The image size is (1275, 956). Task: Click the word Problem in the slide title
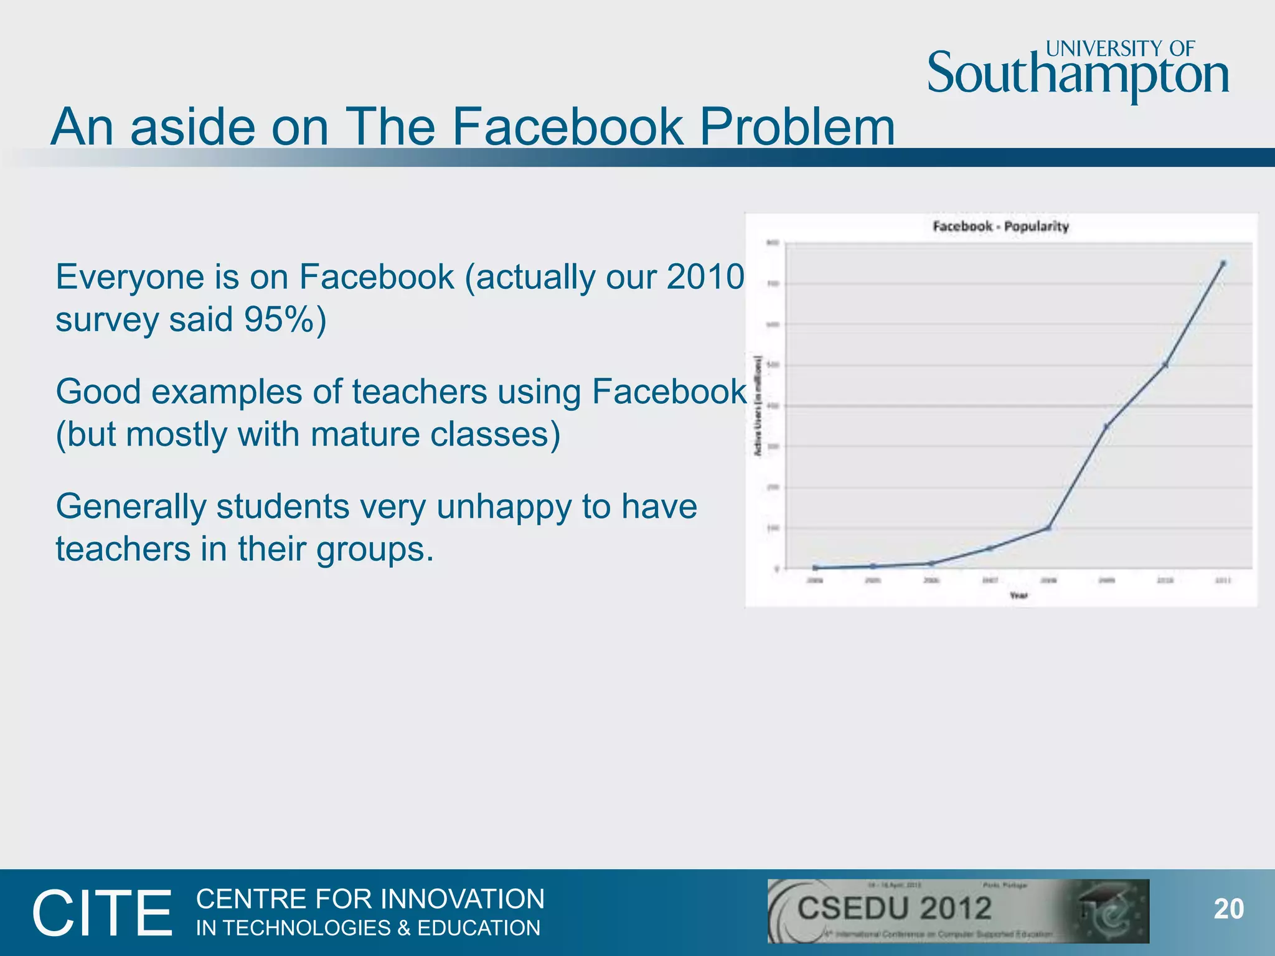pyautogui.click(x=797, y=127)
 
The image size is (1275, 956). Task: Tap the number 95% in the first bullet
pyautogui.click(x=275, y=319)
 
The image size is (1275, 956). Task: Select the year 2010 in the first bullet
pyautogui.click(x=705, y=277)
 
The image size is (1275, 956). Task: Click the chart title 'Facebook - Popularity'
pyautogui.click(x=1000, y=227)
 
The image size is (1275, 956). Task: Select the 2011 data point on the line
pyautogui.click(x=1223, y=264)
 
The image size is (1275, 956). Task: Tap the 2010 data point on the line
pyautogui.click(x=1165, y=365)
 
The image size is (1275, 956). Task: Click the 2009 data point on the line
pyautogui.click(x=1106, y=426)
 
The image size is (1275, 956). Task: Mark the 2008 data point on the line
pyautogui.click(x=1048, y=528)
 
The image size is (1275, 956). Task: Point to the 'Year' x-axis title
pyautogui.click(x=1019, y=596)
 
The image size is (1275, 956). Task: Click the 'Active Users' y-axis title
pyautogui.click(x=758, y=405)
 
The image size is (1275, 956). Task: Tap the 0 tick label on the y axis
pyautogui.click(x=776, y=569)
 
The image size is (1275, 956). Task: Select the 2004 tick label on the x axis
pyautogui.click(x=815, y=581)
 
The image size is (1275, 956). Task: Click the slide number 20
pyautogui.click(x=1229, y=909)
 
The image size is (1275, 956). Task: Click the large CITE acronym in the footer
pyautogui.click(x=102, y=913)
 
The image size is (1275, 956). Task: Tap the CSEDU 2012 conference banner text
pyautogui.click(x=895, y=909)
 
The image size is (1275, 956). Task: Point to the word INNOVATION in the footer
pyautogui.click(x=463, y=899)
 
